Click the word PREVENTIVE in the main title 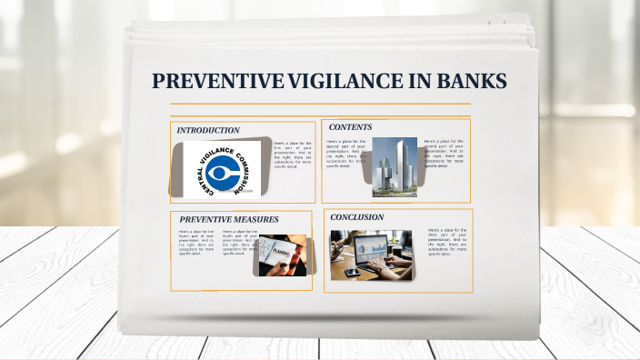217,82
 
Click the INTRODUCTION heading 208,130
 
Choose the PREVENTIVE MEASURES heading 229,219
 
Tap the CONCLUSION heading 357,217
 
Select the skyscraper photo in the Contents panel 394,166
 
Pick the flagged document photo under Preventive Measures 283,255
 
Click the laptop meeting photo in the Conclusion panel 370,254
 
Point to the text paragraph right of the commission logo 292,155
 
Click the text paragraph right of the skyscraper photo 444,154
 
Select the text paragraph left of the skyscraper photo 345,154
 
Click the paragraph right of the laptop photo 445,242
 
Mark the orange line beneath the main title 320,105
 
